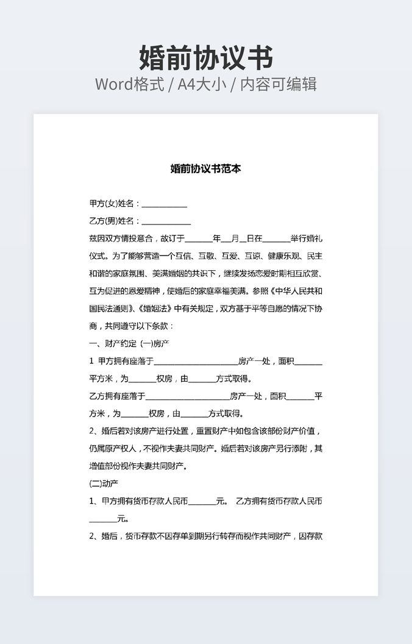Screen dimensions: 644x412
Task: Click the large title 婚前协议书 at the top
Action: coord(206,58)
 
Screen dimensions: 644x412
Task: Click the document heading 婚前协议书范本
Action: coord(206,169)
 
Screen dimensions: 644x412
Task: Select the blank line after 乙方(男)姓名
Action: coord(166,222)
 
